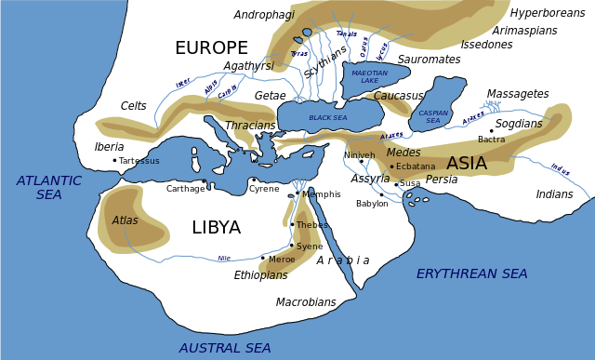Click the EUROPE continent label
(211, 48)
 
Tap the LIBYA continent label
(216, 228)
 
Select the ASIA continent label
(466, 164)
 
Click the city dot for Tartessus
(114, 160)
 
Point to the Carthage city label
(185, 189)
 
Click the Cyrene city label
(264, 189)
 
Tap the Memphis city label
(322, 194)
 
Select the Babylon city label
(372, 204)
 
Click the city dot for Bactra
(492, 130)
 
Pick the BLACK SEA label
(327, 118)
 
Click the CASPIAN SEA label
(433, 117)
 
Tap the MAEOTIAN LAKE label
(370, 77)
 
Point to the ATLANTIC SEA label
(49, 188)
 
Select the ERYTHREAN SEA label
(471, 273)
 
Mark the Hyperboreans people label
(548, 13)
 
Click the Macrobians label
(306, 302)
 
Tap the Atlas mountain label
(125, 220)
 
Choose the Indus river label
(560, 169)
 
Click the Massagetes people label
(518, 94)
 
